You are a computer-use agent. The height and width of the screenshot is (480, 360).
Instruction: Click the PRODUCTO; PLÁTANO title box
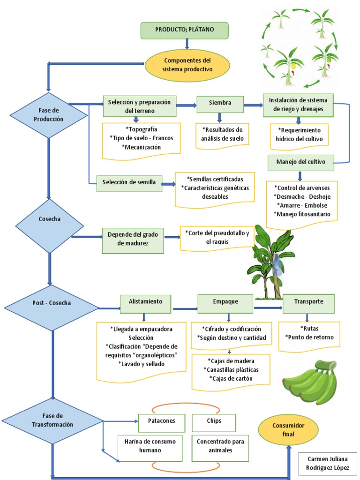(x=185, y=30)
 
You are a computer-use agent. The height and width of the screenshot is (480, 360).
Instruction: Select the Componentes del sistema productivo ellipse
(x=187, y=65)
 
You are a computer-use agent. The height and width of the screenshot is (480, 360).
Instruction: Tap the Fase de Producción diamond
(x=48, y=115)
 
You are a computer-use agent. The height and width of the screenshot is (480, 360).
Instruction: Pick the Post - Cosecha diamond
(x=52, y=303)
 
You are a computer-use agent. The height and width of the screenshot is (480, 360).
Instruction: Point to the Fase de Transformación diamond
(x=52, y=420)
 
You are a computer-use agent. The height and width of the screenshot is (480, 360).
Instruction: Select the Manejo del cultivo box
(x=301, y=162)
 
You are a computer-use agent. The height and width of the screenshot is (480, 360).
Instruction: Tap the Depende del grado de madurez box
(x=133, y=239)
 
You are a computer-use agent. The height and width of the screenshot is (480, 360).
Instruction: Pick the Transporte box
(x=309, y=302)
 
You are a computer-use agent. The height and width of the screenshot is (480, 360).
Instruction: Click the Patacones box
(x=162, y=421)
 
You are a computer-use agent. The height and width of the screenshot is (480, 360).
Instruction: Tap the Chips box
(x=214, y=421)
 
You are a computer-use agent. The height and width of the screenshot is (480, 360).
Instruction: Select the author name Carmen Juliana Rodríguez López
(x=328, y=464)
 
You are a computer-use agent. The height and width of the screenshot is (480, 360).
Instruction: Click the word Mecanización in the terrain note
(x=142, y=147)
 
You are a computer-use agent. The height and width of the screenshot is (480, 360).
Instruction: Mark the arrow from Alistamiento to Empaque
(x=185, y=309)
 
